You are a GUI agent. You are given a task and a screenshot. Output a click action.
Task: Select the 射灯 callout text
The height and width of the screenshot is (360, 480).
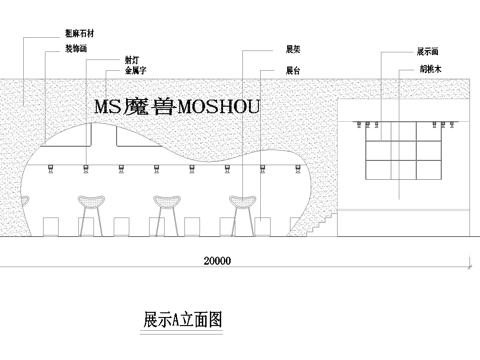132,59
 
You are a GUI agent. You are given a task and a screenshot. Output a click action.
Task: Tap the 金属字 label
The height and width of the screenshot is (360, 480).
136,72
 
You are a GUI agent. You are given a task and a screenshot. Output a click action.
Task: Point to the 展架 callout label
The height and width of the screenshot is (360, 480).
293,47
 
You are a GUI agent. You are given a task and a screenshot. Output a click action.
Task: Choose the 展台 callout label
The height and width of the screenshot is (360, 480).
293,71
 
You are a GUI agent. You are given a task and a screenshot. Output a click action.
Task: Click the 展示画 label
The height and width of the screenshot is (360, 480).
428,49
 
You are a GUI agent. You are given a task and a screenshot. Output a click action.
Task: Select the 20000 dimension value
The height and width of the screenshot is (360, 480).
216,261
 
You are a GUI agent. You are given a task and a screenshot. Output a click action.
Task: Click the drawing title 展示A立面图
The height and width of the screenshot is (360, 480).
182,320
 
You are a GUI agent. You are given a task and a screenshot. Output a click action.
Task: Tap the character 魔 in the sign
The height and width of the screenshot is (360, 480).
136,106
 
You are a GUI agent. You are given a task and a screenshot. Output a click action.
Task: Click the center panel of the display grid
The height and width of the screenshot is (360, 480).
400,150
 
